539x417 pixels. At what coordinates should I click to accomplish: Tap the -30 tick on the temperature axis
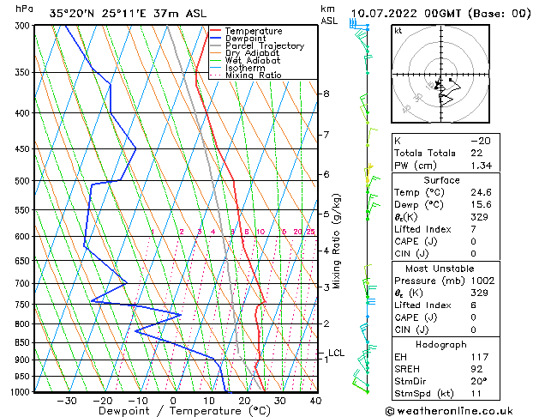coord(67,400)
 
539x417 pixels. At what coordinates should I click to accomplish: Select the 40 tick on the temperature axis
coord(315,400)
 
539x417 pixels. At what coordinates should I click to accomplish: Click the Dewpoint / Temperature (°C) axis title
coord(173,411)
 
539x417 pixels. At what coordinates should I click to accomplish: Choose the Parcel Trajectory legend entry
coord(264,45)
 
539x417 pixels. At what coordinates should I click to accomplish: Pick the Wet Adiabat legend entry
coord(253,60)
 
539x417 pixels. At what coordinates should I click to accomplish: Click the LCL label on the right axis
coord(336,353)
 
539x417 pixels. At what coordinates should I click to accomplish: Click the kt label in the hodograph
coord(398,31)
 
